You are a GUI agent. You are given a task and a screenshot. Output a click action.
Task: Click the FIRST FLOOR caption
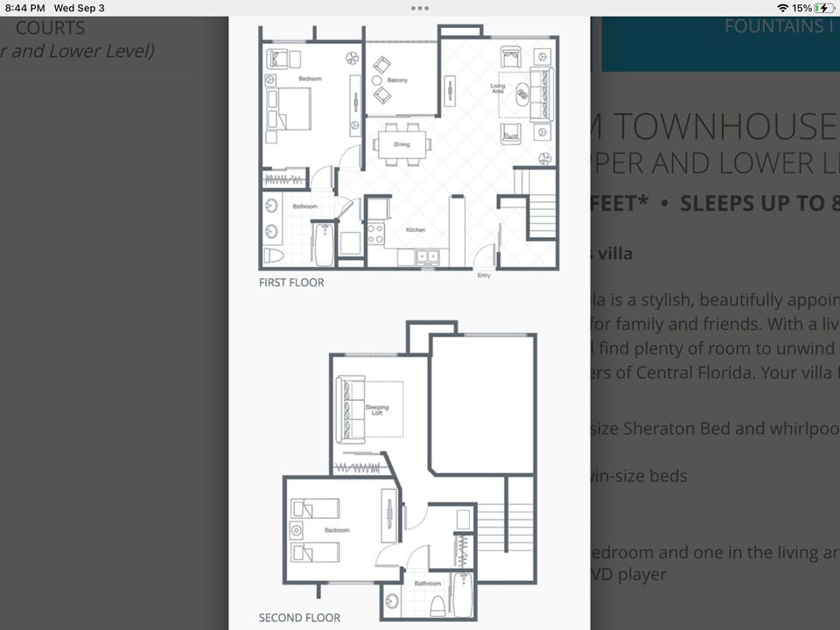pyautogui.click(x=291, y=283)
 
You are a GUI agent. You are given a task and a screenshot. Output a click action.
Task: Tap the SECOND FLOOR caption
pyautogui.click(x=299, y=618)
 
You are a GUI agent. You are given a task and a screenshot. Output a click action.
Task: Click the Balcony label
pyautogui.click(x=397, y=80)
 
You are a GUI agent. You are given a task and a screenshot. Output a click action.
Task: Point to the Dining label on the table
pyautogui.click(x=402, y=144)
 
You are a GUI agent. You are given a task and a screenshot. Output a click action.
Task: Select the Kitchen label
pyautogui.click(x=415, y=230)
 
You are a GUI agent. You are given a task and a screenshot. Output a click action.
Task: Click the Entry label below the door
pyautogui.click(x=484, y=276)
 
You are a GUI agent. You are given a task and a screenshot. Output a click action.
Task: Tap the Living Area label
pyautogui.click(x=497, y=87)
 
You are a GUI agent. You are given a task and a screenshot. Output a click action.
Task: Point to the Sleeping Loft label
pyautogui.click(x=377, y=409)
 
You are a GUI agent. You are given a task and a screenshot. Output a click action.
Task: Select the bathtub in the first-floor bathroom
pyautogui.click(x=324, y=245)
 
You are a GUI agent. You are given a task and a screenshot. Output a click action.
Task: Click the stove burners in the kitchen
pyautogui.click(x=375, y=233)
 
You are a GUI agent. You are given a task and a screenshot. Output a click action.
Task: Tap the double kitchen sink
pyautogui.click(x=428, y=255)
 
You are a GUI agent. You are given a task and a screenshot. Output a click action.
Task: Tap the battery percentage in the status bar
pyautogui.click(x=801, y=8)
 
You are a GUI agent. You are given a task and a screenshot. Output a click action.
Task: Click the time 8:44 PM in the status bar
pyautogui.click(x=24, y=8)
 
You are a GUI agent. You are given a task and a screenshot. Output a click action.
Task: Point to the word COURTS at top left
pyautogui.click(x=50, y=28)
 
